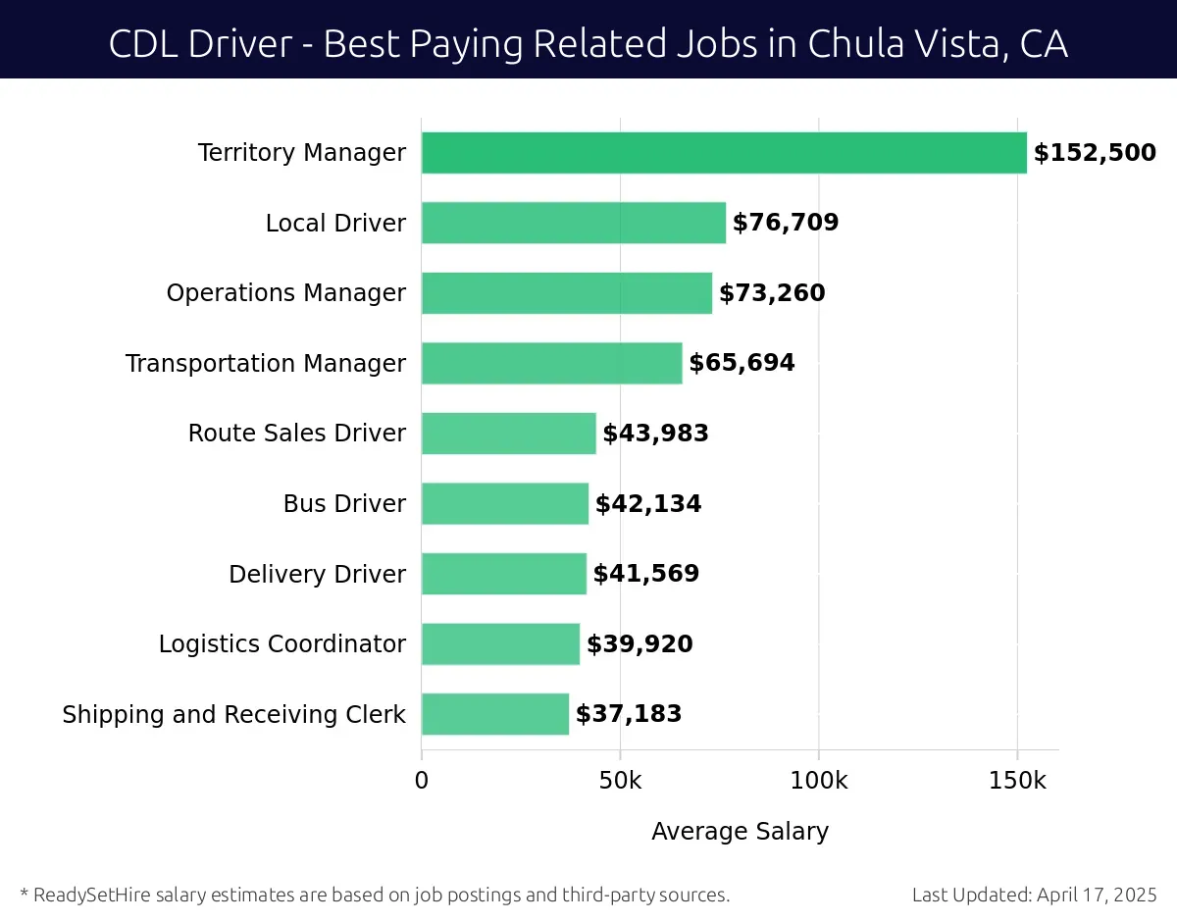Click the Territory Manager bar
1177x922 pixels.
click(724, 153)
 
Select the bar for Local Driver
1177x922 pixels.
click(574, 223)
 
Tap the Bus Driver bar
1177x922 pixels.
click(505, 503)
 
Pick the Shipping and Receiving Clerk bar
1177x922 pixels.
click(495, 714)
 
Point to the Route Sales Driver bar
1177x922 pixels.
click(509, 434)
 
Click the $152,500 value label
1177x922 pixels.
click(1095, 153)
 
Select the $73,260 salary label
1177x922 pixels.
click(772, 293)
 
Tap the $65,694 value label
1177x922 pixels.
click(742, 363)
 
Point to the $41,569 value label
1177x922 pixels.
click(645, 574)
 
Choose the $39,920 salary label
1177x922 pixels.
click(640, 644)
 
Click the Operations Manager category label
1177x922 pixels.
click(285, 293)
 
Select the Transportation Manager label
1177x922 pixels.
click(265, 363)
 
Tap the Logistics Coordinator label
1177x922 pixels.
click(281, 644)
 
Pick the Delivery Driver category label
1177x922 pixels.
click(317, 574)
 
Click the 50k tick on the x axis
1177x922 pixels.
click(620, 781)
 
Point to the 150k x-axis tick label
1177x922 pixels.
click(1017, 781)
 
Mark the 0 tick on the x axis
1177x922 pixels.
click(422, 781)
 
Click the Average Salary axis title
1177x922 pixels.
click(740, 832)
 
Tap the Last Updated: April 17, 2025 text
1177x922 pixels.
click(1034, 895)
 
